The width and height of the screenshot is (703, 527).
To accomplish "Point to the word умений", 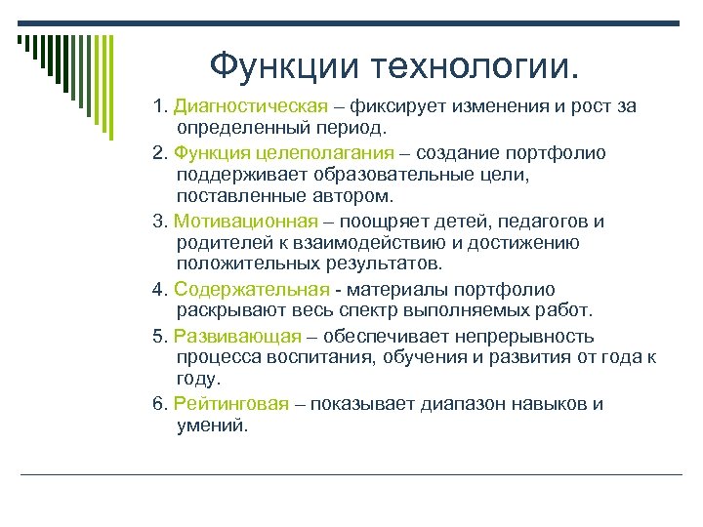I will click(x=214, y=426).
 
